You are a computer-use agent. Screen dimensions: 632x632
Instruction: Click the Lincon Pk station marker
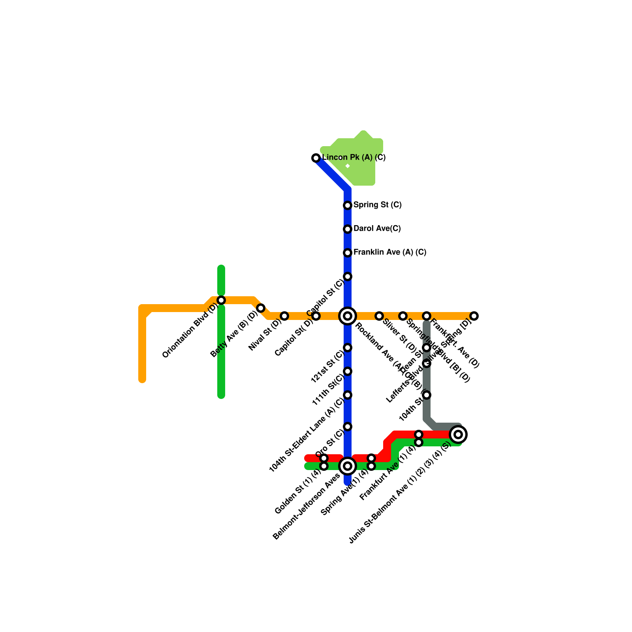point(316,158)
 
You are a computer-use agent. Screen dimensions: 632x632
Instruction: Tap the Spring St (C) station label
point(377,205)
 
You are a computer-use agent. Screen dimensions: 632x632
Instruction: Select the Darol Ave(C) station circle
point(348,229)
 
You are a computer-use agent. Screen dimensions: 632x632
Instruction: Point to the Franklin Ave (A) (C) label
point(389,252)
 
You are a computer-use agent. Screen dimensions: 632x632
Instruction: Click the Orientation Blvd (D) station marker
point(221,300)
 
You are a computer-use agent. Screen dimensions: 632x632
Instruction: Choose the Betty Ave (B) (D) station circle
point(261,308)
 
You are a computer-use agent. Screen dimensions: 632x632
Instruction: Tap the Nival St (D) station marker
point(284,316)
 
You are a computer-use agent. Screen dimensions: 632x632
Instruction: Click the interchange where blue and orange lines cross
point(348,316)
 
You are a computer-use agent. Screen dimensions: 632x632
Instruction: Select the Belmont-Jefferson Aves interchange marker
point(348,466)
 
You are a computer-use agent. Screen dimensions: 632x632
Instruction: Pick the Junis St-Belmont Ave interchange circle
point(458,434)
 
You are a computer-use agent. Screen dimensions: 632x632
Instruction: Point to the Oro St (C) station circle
point(348,427)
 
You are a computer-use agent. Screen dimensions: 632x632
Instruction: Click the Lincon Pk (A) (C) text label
point(354,157)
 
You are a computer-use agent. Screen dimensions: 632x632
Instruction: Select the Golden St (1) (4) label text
point(298,492)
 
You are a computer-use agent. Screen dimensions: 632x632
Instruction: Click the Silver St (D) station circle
point(379,316)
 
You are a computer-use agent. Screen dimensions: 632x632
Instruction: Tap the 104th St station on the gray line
point(427,395)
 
